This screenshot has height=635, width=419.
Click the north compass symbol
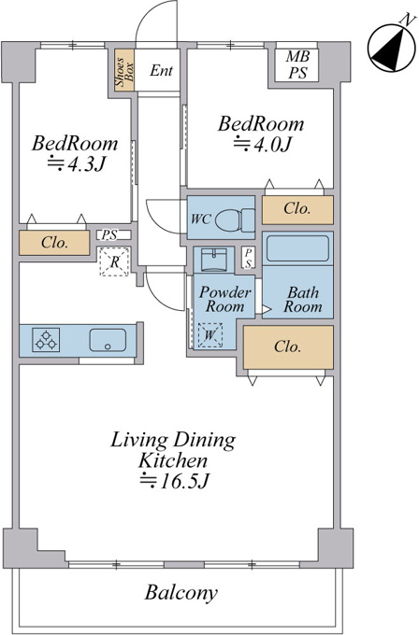(392, 48)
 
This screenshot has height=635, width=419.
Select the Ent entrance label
(161, 70)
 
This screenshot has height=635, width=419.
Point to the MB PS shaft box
(297, 64)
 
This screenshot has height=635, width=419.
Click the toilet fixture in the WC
(235, 220)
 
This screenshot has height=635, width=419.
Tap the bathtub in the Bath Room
(297, 248)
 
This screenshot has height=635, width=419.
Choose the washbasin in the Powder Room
(214, 260)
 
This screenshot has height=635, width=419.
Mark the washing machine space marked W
(209, 335)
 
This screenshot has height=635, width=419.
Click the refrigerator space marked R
(114, 261)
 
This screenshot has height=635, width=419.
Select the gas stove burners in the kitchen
(46, 339)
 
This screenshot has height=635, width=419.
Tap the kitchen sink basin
(108, 340)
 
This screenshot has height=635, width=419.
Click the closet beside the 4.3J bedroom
(54, 243)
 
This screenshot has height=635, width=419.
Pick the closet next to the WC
(297, 209)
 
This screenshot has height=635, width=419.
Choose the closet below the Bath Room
(288, 347)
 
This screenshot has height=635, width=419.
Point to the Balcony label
(181, 593)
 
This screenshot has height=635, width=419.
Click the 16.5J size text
(174, 481)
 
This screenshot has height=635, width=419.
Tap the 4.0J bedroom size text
(262, 144)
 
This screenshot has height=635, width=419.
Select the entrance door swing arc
(156, 23)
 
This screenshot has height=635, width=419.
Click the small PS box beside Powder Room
(248, 258)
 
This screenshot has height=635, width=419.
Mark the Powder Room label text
(224, 300)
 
